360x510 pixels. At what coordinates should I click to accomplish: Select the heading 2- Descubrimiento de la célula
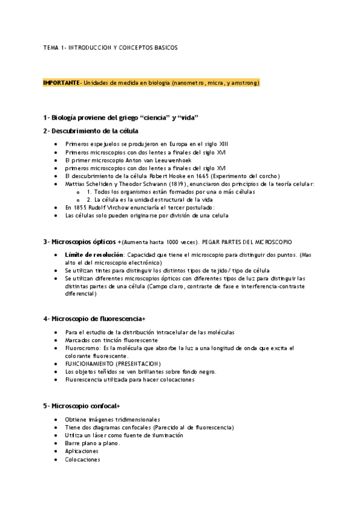tap(91, 131)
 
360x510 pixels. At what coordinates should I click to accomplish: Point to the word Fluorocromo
tap(83, 348)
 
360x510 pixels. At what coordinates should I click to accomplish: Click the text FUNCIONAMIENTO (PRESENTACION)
tap(113, 364)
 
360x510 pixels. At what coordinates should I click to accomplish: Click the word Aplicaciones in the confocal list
tap(82, 451)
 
